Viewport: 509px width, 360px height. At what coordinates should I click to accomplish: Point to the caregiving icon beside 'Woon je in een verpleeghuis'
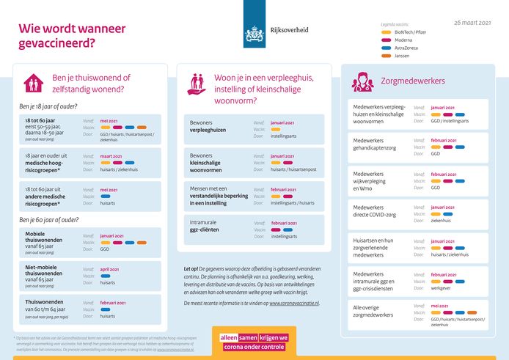(x=197, y=83)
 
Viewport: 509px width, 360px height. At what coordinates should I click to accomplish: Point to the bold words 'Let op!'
(x=191, y=269)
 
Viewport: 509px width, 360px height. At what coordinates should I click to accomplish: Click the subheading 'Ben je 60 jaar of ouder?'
(x=49, y=219)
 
